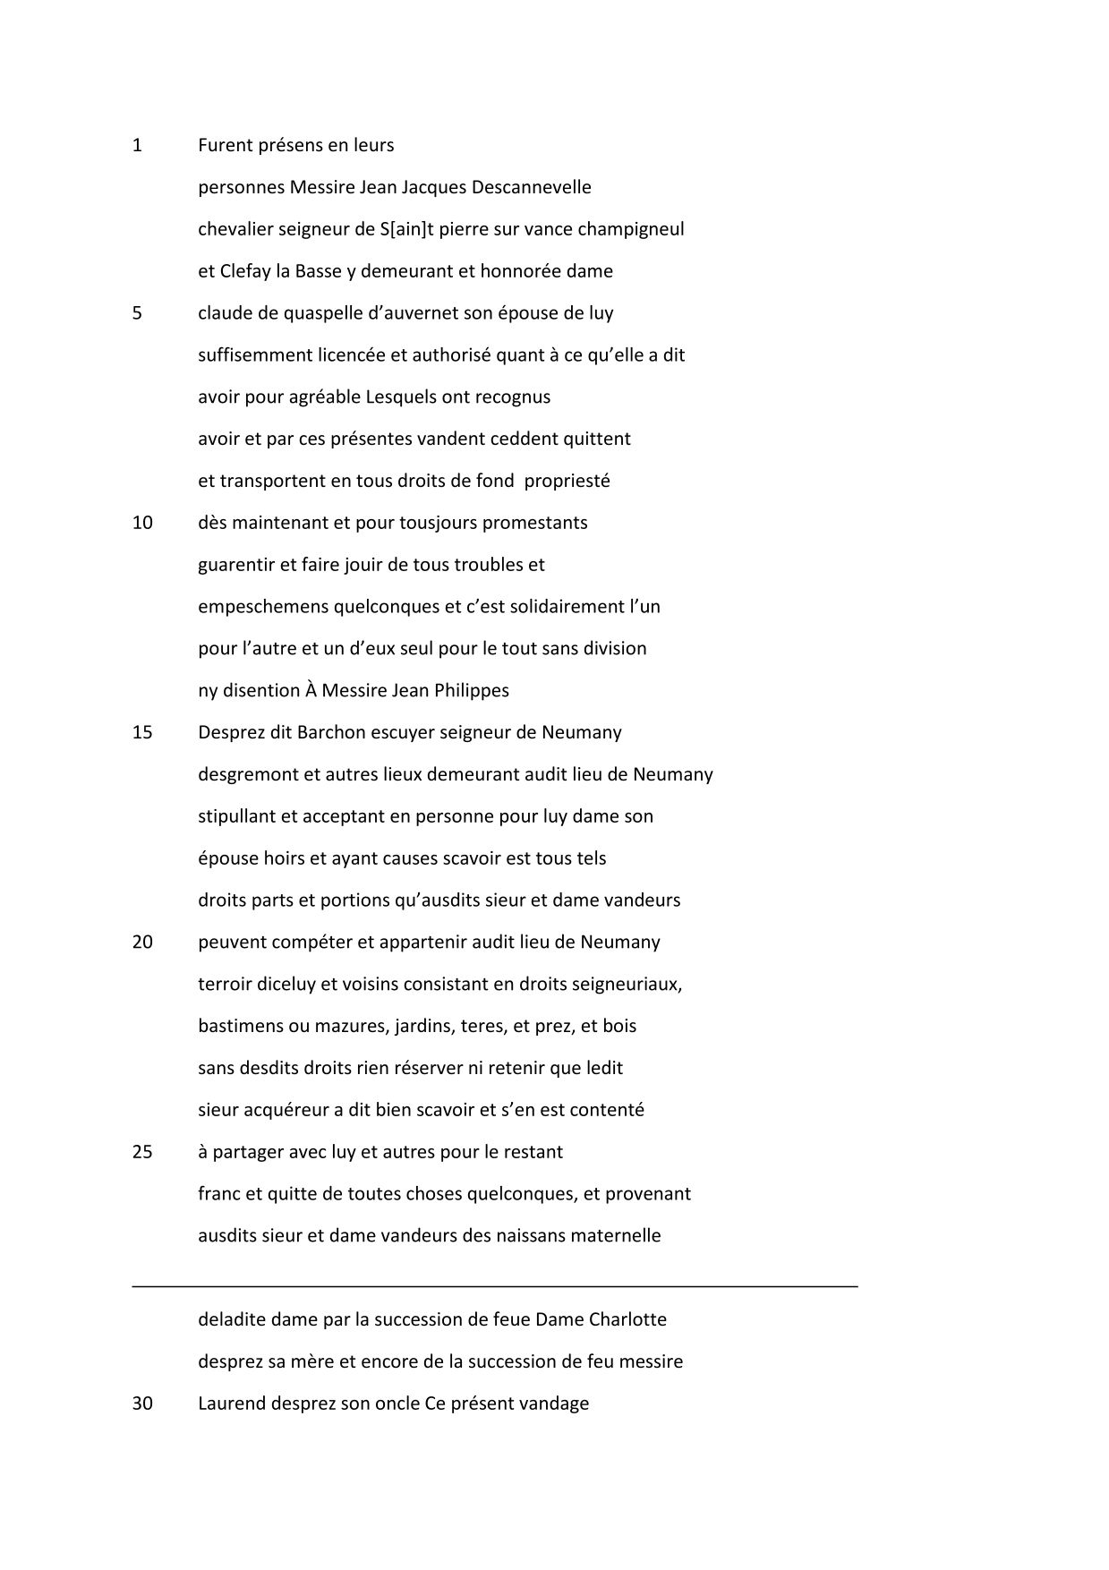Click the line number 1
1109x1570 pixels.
137,145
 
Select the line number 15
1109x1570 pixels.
142,732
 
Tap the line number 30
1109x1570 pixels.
142,1404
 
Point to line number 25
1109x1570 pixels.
142,1152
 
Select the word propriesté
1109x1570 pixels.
567,481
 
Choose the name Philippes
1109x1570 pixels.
472,690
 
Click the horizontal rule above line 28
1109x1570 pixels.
495,1286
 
